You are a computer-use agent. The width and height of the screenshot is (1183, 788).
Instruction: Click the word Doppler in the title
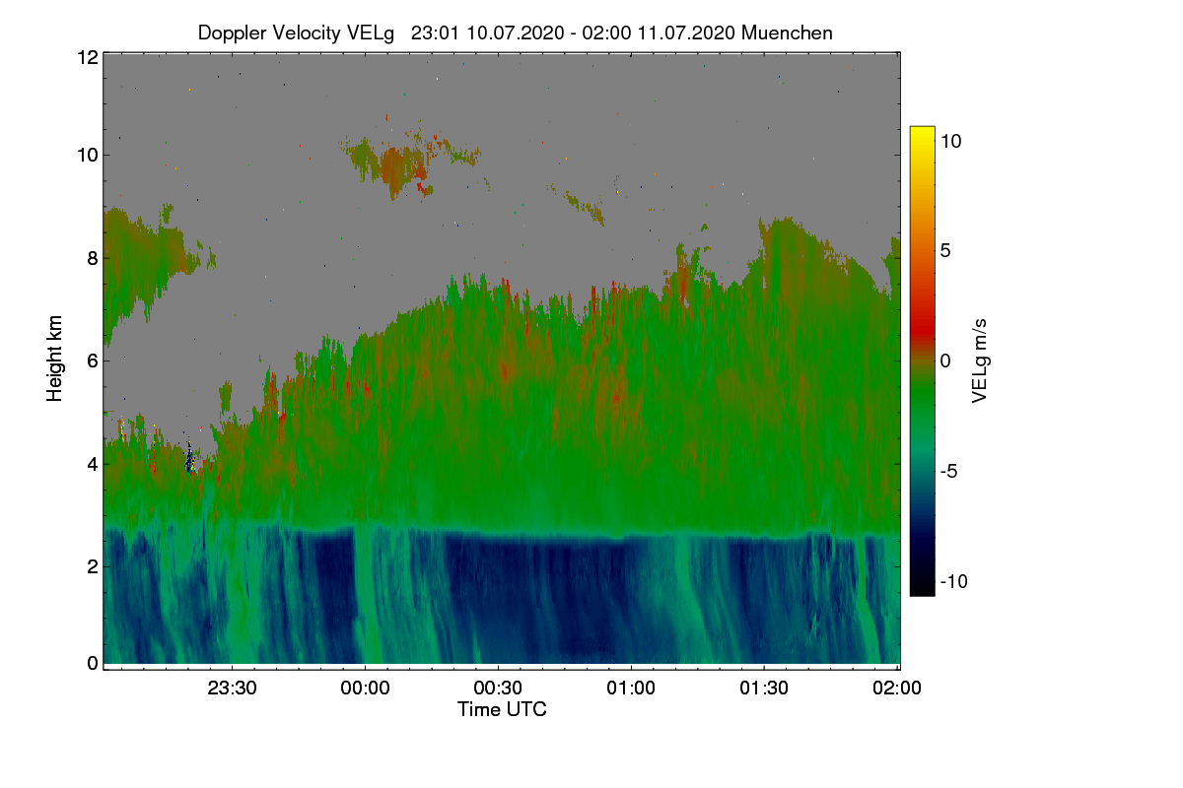coord(233,33)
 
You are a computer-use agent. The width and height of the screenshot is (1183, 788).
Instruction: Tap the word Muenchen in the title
coord(787,33)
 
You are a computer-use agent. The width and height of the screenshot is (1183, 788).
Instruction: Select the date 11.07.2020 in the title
coord(686,33)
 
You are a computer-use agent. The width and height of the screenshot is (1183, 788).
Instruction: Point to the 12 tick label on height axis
coord(88,57)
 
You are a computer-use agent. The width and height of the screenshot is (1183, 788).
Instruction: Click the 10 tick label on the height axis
coord(88,156)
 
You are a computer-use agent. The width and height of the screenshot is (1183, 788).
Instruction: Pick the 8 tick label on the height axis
coord(93,258)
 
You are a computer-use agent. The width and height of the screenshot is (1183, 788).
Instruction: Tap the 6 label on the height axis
coord(93,361)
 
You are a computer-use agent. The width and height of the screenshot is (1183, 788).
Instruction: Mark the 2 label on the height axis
coord(93,566)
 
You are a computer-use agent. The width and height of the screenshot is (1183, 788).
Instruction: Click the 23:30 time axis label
coord(232,688)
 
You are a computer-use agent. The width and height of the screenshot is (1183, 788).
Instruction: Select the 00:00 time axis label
coord(365,688)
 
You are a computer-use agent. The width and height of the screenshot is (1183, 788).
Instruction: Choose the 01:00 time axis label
coord(631,688)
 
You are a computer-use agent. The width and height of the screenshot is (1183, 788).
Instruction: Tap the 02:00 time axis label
coord(897,688)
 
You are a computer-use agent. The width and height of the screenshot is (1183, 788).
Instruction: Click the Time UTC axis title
coord(502,709)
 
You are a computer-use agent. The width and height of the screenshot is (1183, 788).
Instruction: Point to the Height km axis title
coord(54,359)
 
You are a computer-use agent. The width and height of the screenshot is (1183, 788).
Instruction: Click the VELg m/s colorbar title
coord(979,361)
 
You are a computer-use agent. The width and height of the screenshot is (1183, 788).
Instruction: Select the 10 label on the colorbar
coord(950,141)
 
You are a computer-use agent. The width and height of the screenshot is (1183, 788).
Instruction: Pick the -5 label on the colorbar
coord(948,471)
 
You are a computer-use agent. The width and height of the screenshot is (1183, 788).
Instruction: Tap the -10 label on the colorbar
coord(954,581)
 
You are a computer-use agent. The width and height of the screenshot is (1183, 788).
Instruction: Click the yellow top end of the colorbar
coord(922,129)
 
